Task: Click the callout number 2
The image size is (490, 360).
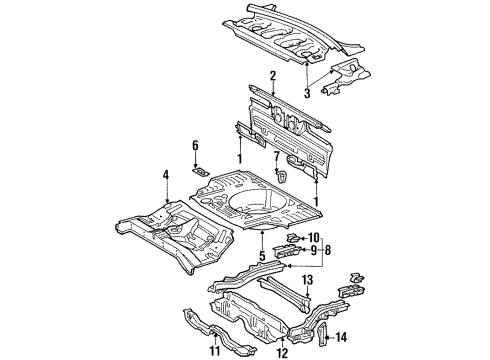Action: (x=272, y=75)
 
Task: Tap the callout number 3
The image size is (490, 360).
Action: (x=308, y=93)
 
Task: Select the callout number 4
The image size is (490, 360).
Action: (x=164, y=177)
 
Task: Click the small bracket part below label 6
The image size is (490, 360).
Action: (x=201, y=172)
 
